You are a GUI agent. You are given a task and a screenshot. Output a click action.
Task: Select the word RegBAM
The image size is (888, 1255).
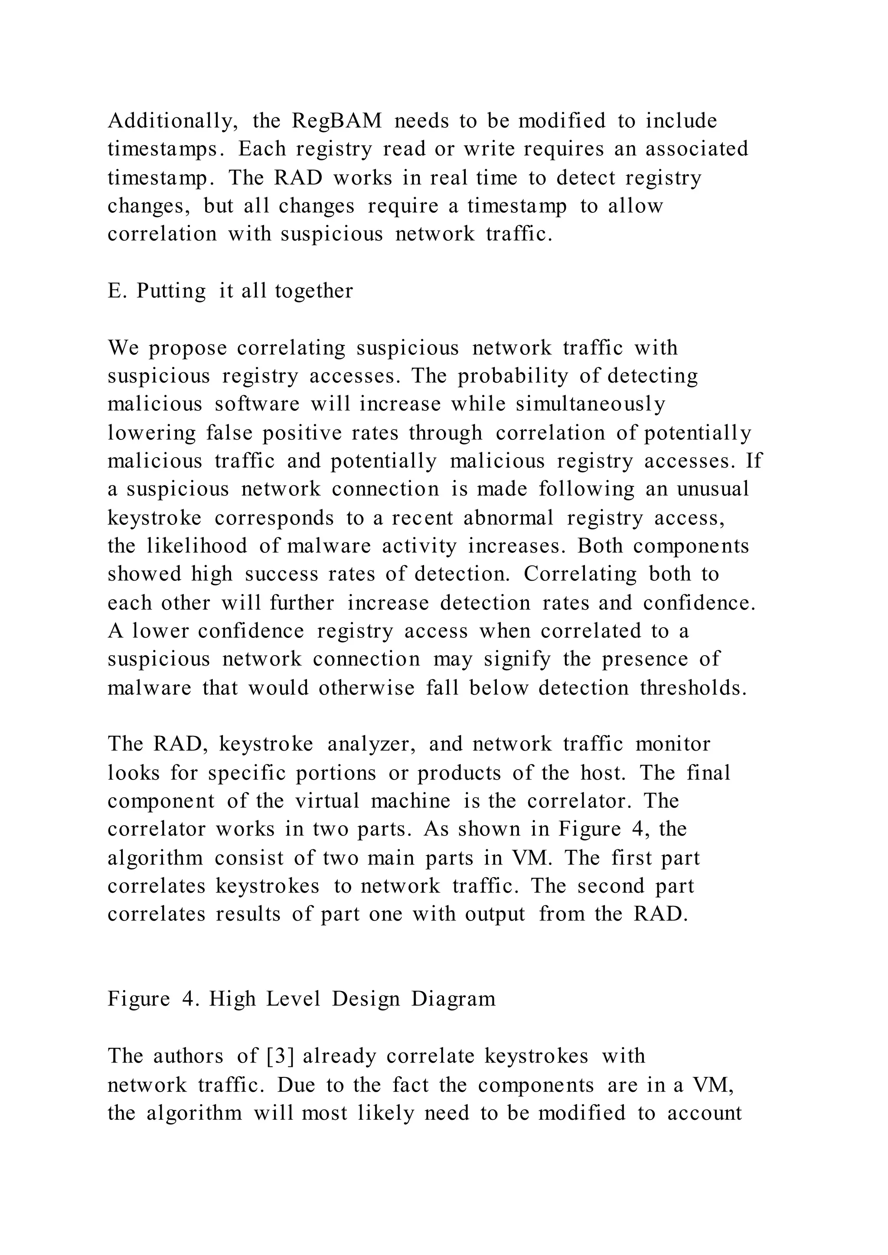click(x=337, y=121)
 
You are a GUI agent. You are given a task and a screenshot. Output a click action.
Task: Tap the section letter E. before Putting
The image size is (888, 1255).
click(x=117, y=291)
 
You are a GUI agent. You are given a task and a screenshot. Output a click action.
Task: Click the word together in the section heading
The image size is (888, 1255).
click(x=314, y=291)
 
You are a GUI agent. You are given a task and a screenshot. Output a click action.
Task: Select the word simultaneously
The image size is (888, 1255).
click(x=591, y=404)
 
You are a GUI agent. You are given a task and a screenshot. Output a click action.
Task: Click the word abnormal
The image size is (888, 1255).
click(x=509, y=517)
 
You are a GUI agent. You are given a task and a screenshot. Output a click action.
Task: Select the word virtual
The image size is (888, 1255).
click(x=327, y=801)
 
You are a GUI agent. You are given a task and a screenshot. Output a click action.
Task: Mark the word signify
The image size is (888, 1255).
click(x=517, y=660)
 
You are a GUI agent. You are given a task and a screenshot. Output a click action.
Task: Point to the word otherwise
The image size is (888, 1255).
click(x=367, y=688)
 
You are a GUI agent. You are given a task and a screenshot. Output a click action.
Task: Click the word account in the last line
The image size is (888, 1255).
click(x=704, y=1113)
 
